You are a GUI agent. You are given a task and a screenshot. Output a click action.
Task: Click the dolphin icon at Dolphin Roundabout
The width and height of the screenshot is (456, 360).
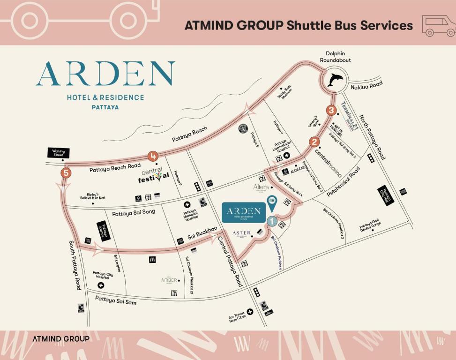335,80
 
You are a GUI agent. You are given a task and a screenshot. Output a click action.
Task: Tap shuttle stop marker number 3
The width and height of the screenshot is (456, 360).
332,111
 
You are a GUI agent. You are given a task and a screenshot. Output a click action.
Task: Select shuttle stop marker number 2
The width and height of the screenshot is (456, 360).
314,142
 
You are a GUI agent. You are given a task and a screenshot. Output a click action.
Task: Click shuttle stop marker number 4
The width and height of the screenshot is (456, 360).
153,157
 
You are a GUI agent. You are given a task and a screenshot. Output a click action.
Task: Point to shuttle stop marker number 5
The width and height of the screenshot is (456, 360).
66,173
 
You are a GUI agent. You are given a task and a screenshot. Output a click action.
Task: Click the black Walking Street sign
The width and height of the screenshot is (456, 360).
59,152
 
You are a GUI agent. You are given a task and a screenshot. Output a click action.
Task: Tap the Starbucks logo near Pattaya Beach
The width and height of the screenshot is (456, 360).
243,128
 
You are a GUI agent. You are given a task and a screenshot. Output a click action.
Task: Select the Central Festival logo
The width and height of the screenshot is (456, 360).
153,175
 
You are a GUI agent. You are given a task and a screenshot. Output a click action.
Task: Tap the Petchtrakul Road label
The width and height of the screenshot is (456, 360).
344,181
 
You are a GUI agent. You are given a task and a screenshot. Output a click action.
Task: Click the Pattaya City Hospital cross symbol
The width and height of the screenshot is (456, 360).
101,285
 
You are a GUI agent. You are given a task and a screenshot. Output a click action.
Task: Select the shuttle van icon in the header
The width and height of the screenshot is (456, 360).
439,25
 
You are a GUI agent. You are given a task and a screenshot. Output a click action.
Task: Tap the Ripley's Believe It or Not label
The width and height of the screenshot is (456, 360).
96,195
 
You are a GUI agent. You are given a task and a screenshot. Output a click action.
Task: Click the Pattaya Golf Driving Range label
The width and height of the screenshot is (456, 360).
370,225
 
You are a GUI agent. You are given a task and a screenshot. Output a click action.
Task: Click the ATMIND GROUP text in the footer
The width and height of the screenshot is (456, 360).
61,338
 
